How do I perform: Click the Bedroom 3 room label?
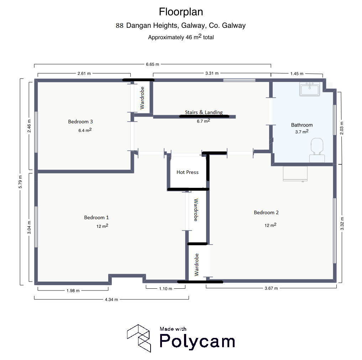[80, 122]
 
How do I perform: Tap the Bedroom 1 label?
[96, 217]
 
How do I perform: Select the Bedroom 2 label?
[266, 212]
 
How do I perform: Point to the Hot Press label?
[188, 172]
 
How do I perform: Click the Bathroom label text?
[302, 125]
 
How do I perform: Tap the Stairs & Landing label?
[204, 112]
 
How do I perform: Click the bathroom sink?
[310, 89]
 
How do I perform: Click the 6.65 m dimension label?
[152, 64]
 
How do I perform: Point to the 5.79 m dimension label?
[20, 182]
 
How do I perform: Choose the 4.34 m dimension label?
[111, 300]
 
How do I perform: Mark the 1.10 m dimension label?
[166, 289]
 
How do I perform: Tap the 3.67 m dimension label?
[271, 288]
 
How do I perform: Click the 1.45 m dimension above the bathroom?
[297, 74]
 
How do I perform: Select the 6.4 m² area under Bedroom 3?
[85, 130]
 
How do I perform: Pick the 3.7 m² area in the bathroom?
[302, 132]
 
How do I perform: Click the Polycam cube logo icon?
[139, 338]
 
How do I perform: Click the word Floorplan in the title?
[181, 12]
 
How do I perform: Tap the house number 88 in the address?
[120, 25]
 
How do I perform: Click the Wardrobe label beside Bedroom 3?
[142, 98]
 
